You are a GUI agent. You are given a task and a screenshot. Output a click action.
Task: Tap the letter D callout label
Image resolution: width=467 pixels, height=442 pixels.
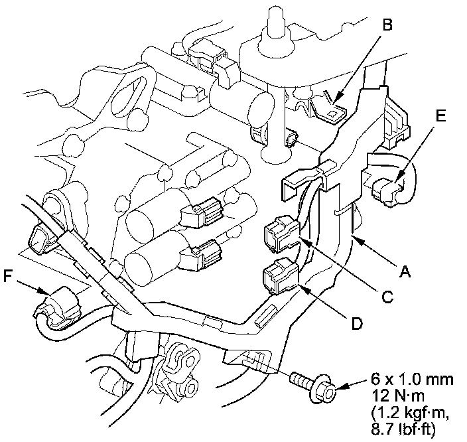(x=356, y=323)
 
